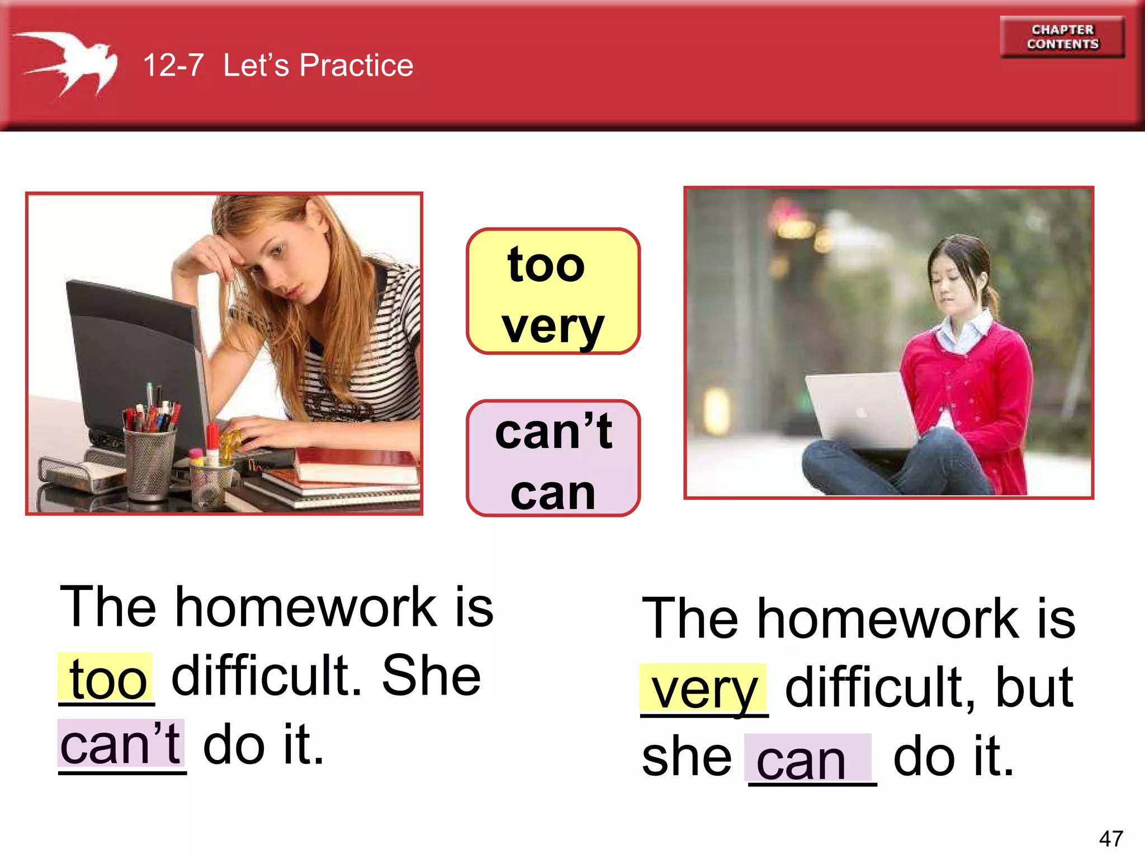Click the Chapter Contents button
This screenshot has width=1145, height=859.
(x=1062, y=37)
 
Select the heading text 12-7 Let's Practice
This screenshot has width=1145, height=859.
(x=278, y=65)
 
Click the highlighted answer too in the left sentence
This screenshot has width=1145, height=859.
(x=107, y=680)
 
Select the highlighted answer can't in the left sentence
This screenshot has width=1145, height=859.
(x=121, y=744)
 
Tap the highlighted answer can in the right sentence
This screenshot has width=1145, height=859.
(x=802, y=761)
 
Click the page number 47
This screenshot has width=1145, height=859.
(x=1110, y=838)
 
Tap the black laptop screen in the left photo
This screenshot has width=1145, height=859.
(x=134, y=358)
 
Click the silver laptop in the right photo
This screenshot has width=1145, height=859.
(x=861, y=411)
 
